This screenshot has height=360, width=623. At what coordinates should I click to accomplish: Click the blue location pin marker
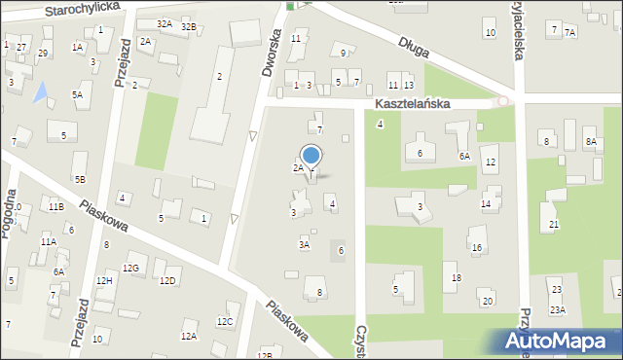(x=311, y=158)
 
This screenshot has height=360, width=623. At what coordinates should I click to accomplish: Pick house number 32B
(x=189, y=26)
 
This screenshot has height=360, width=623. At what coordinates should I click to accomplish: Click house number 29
(x=43, y=53)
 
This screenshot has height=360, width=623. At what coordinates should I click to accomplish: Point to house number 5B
(x=80, y=179)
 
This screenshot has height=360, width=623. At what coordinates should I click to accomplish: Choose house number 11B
(x=56, y=206)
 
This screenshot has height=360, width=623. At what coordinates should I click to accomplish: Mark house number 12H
(x=104, y=281)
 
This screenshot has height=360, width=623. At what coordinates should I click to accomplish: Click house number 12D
(x=167, y=281)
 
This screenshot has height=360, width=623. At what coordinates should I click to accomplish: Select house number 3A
(x=304, y=245)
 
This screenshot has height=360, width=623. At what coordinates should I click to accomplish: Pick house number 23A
(x=557, y=309)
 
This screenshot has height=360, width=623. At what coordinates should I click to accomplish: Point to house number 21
(x=554, y=225)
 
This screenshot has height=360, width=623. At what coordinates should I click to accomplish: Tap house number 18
(x=457, y=278)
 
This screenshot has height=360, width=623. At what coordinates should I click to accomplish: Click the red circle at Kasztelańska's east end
(x=502, y=101)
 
